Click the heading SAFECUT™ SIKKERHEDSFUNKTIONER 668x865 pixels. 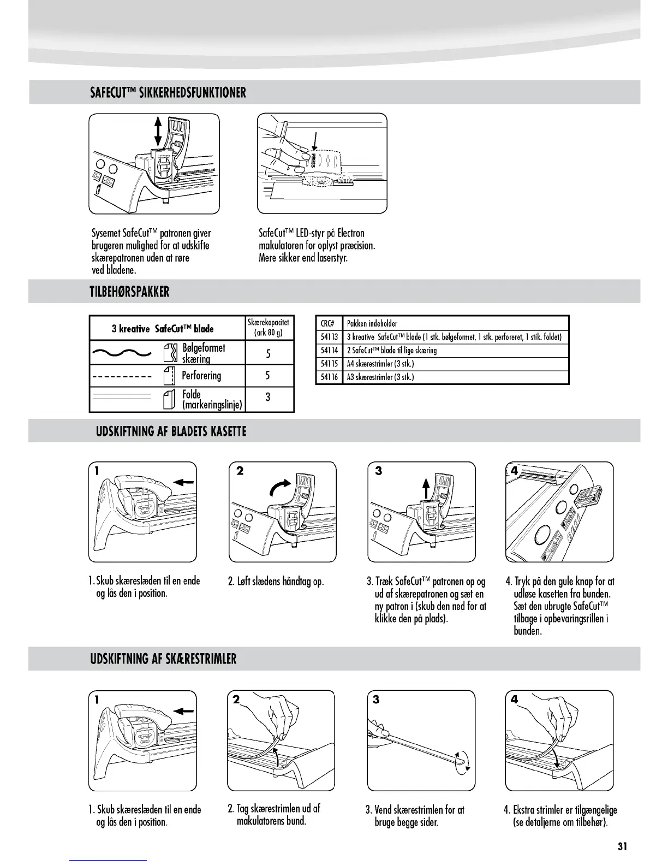(168, 92)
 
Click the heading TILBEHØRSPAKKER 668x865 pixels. (130, 292)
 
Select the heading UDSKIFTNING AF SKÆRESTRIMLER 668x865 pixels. (163, 659)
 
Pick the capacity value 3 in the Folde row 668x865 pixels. (268, 397)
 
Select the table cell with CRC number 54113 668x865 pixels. (329, 337)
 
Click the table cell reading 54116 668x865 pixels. (329, 377)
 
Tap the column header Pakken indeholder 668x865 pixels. (372, 323)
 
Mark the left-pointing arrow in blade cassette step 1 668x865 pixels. (185, 482)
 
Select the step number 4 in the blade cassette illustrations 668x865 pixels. (514, 471)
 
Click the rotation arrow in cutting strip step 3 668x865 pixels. (463, 761)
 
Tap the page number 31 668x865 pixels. (622, 846)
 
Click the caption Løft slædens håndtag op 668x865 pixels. (276, 582)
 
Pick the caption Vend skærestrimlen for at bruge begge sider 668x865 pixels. (415, 816)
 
